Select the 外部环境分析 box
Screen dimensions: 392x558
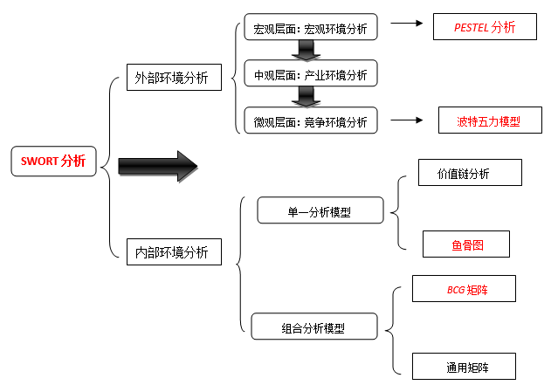[x=172, y=77]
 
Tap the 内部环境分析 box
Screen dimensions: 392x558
[x=172, y=252]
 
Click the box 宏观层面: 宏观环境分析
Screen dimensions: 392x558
[x=310, y=29]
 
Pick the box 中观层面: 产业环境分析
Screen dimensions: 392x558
[x=310, y=74]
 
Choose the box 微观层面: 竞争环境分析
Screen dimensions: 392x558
[x=310, y=121]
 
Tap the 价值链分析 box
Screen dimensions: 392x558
[x=470, y=173]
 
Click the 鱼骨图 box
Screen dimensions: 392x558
[x=467, y=245]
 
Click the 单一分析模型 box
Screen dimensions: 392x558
[x=319, y=210]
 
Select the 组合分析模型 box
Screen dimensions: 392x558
[x=314, y=327]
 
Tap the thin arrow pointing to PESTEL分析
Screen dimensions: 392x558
[x=406, y=25]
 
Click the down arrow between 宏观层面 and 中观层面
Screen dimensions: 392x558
[x=307, y=52]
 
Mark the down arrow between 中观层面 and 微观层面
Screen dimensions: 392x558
[x=307, y=97]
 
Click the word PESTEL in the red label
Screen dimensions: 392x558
[x=472, y=27]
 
